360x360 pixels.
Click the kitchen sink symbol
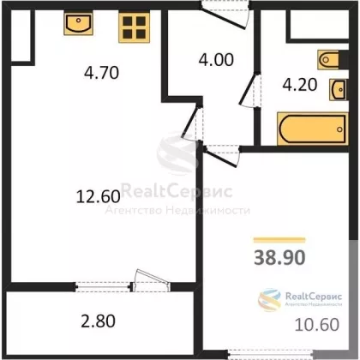coord(78,23)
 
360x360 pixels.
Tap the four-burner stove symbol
coord(134,27)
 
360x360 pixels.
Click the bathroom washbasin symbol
coord(339,89)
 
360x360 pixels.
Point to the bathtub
coord(313,129)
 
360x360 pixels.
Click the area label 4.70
coord(101,73)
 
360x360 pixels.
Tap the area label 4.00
coord(216,60)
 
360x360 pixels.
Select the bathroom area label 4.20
coord(300,85)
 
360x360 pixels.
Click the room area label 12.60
coord(98,197)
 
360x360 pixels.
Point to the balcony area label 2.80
coord(99,321)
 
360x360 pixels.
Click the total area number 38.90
coord(279,257)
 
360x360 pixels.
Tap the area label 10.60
coord(317,325)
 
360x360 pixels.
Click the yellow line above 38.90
coord(279,240)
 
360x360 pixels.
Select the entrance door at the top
coord(225,15)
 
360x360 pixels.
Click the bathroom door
coord(250,89)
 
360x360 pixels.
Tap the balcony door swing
coord(151,280)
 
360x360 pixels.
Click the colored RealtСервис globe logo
coord(269,299)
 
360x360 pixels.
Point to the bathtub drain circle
coord(339,129)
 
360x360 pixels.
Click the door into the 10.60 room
coord(222,156)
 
